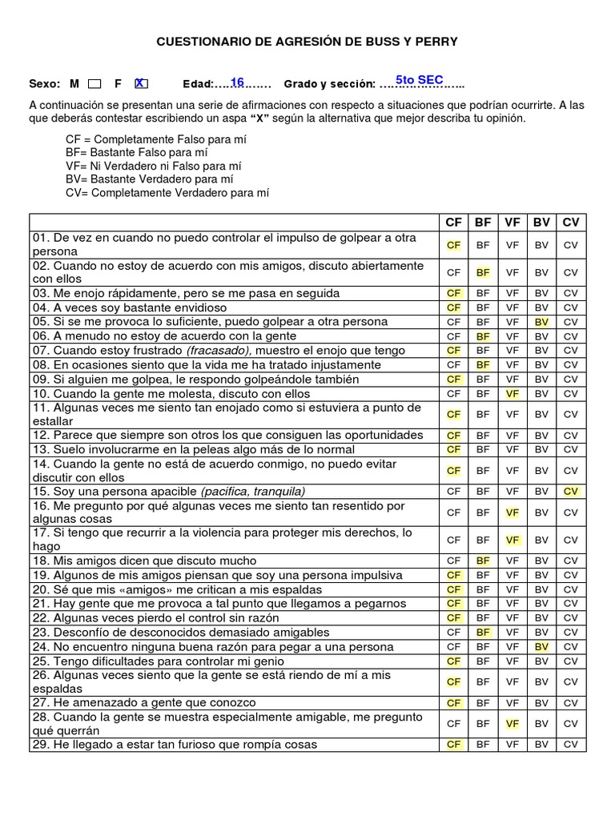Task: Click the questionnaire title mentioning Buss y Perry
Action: click(x=307, y=42)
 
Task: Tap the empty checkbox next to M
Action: click(x=94, y=84)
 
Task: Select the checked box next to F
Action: click(x=141, y=83)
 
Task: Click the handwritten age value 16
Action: click(x=237, y=82)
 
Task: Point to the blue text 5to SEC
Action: click(x=419, y=79)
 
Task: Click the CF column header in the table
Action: click(x=454, y=223)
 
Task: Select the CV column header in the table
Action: click(x=570, y=223)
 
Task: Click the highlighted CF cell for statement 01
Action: click(x=454, y=245)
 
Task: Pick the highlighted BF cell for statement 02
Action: click(x=483, y=272)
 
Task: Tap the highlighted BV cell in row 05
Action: click(x=541, y=322)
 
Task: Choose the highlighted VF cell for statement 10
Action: click(x=512, y=394)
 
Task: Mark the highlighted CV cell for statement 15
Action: click(x=570, y=492)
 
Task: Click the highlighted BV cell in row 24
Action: click(x=541, y=647)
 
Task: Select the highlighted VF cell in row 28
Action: click(x=512, y=724)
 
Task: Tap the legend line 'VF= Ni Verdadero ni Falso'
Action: click(x=154, y=166)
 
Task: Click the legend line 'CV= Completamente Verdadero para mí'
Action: click(x=167, y=193)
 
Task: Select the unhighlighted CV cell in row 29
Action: click(x=570, y=745)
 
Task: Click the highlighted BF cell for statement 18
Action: click(x=483, y=561)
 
